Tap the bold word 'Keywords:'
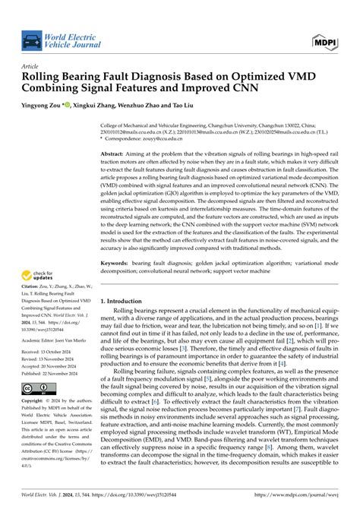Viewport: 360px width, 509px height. (x=119, y=241)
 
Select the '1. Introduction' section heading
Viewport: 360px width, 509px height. (x=129, y=280)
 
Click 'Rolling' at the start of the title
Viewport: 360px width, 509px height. (x=46, y=77)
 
